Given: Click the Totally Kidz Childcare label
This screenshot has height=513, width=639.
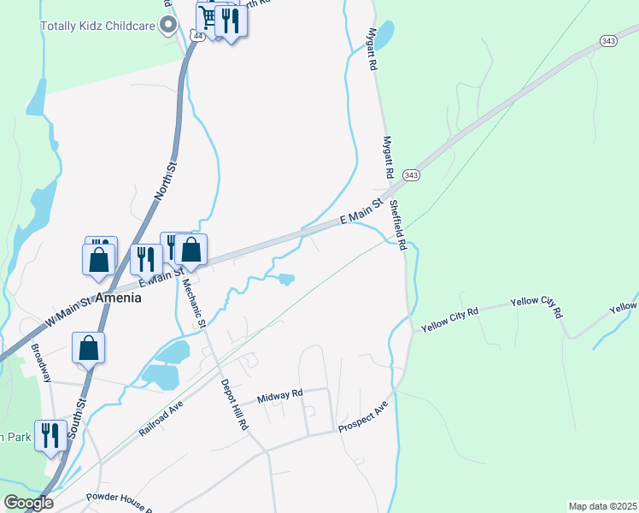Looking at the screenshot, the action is (97, 26).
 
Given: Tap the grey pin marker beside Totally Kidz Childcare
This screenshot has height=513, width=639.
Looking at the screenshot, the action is (169, 25).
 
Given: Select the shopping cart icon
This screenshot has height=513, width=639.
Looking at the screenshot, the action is (208, 19).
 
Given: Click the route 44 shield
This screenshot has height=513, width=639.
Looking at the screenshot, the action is (197, 37).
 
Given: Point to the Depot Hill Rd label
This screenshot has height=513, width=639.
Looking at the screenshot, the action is (233, 404).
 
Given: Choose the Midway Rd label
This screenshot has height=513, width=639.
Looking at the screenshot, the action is (279, 394).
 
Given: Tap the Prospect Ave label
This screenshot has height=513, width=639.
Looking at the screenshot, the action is (363, 416).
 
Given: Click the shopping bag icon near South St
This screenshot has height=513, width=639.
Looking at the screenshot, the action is (88, 348).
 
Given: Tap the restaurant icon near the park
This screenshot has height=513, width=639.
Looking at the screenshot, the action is (51, 435).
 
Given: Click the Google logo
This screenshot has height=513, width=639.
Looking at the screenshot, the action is (27, 503).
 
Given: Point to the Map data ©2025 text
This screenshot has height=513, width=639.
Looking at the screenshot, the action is (601, 506).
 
